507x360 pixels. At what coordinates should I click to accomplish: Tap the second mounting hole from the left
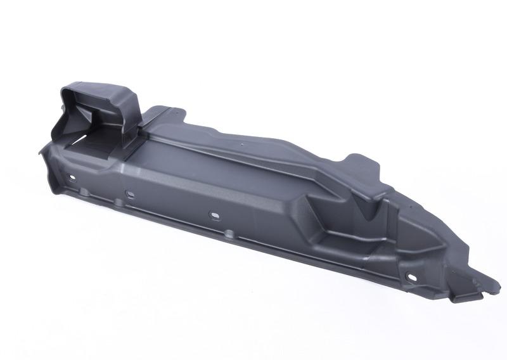click(129, 193)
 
